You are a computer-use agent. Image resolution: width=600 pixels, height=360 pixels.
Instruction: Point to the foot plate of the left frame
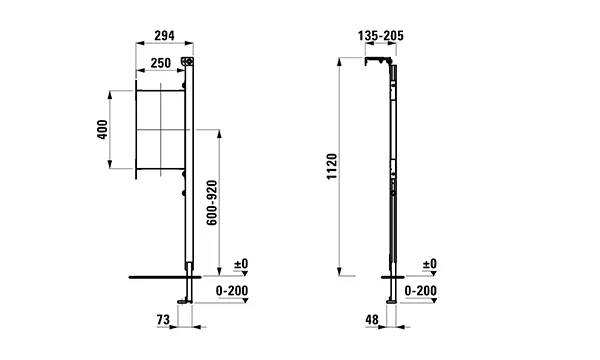click(x=181, y=301)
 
